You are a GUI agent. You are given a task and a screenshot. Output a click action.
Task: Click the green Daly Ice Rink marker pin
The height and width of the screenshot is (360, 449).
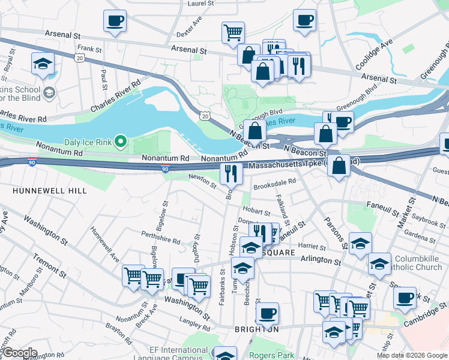120,142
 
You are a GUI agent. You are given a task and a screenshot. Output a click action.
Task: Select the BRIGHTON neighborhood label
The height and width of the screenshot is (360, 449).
256,329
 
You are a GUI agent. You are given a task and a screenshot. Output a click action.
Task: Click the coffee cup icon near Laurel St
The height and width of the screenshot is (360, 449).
114,22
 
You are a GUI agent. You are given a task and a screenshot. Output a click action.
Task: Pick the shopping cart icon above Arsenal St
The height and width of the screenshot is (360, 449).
233,32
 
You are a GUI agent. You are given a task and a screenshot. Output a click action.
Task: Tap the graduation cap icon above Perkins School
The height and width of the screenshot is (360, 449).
43,64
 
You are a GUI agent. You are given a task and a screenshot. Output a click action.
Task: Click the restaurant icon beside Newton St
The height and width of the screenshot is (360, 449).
231,173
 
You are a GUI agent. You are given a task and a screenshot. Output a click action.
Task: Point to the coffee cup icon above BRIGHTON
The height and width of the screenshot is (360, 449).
267,313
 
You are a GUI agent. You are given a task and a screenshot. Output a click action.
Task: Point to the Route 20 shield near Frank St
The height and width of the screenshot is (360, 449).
80,56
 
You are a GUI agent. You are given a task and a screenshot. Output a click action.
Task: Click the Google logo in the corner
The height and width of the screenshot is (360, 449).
20,353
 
